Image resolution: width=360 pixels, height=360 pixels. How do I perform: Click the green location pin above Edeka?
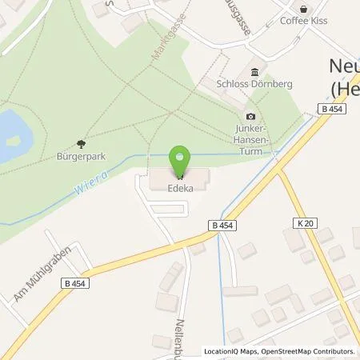182,160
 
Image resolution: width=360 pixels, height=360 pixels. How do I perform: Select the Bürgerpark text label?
82,158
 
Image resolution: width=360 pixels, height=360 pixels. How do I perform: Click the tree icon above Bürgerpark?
82,144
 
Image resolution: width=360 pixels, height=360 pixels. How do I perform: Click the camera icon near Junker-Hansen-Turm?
250,117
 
